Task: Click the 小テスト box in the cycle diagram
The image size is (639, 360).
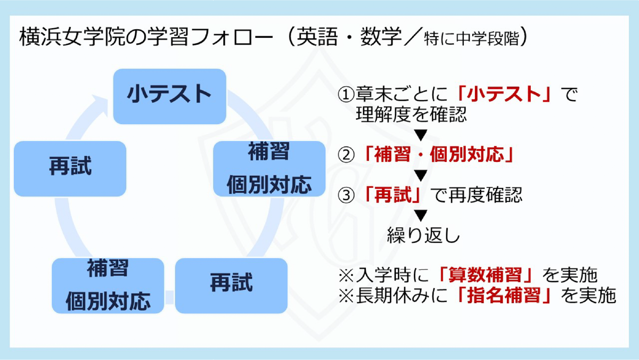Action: click(x=170, y=96)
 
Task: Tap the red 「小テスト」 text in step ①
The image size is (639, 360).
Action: click(x=504, y=94)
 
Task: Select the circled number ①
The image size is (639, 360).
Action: click(x=346, y=95)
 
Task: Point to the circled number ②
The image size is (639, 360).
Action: click(x=346, y=155)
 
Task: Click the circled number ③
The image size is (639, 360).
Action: click(x=346, y=195)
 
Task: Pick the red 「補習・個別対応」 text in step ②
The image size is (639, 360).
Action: click(x=438, y=154)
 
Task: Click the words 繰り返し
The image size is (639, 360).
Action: click(x=423, y=235)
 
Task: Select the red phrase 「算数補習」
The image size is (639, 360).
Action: click(x=485, y=275)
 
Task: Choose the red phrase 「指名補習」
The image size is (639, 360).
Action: click(x=503, y=296)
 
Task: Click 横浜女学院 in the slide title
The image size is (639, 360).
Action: click(x=72, y=37)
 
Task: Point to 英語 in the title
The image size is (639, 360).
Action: click(x=317, y=37)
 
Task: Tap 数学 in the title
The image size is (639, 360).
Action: click(x=381, y=37)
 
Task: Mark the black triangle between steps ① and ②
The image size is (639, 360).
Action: click(x=421, y=135)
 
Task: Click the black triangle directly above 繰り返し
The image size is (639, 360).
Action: click(x=421, y=215)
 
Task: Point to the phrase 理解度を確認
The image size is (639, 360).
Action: click(x=411, y=114)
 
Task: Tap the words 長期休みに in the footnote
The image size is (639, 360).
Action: click(x=402, y=296)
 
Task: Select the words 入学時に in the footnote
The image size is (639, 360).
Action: click(x=392, y=275)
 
